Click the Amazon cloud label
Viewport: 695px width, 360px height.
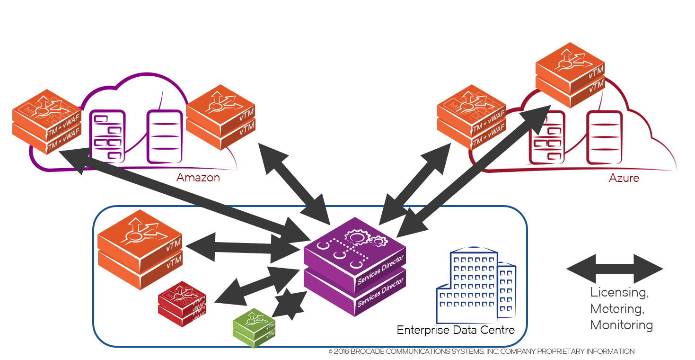pyautogui.click(x=198, y=178)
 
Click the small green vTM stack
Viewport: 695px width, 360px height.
pyautogui.click(x=254, y=328)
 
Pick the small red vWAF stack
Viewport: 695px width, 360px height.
pyautogui.click(x=182, y=304)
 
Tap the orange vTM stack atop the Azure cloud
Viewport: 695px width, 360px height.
pyautogui.click(x=570, y=76)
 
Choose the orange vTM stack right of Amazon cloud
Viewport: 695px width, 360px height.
pyautogui.click(x=220, y=117)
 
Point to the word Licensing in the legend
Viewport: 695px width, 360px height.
pyautogui.click(x=619, y=292)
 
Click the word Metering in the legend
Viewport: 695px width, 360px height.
pyautogui.click(x=617, y=309)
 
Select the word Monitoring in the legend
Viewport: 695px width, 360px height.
pyautogui.click(x=621, y=325)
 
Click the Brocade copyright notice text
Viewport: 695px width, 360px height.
pyautogui.click(x=481, y=351)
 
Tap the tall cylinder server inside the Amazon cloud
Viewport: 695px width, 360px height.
pyautogui.click(x=164, y=137)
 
